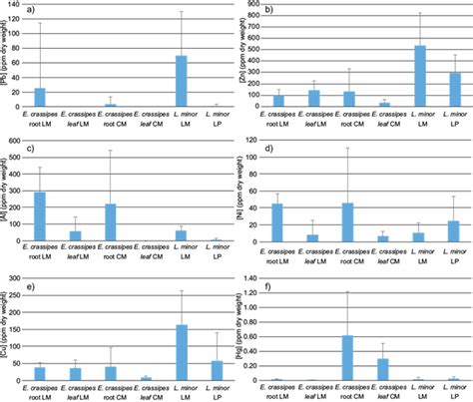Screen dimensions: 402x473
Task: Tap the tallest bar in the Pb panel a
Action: click(182, 81)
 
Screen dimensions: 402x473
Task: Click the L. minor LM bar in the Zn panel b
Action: click(420, 76)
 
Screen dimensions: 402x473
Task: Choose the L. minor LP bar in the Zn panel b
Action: click(456, 89)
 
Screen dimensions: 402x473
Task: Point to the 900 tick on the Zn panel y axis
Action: click(253, 6)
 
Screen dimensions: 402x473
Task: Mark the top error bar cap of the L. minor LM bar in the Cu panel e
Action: click(182, 290)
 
